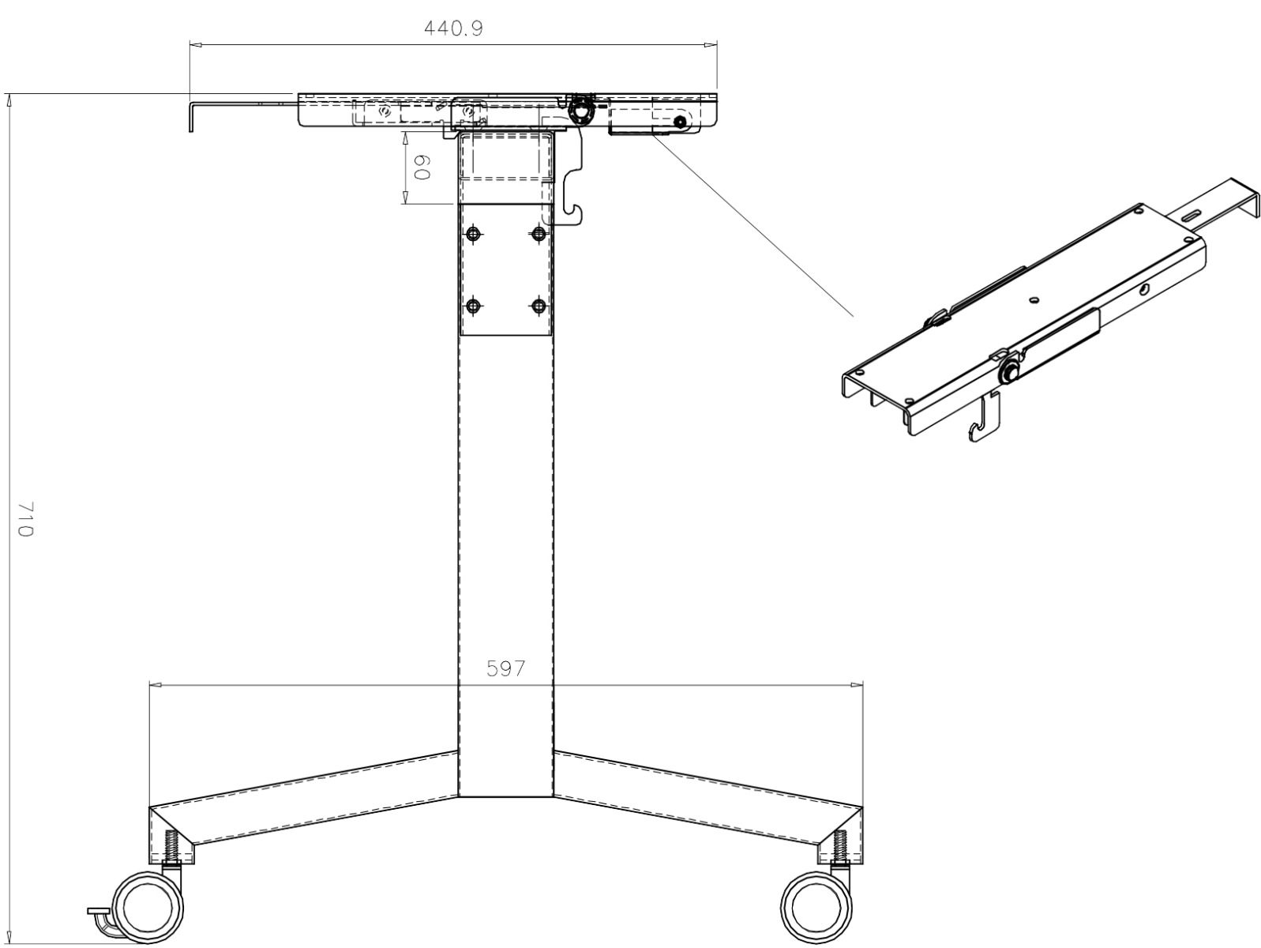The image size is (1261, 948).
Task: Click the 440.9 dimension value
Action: coord(453,28)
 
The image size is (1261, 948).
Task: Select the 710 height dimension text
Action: coord(24,518)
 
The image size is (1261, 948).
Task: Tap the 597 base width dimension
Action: coord(505,669)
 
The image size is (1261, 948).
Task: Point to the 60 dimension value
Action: coord(421,167)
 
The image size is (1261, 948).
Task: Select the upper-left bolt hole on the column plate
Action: coord(474,234)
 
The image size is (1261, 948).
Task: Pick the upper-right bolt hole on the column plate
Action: coord(539,234)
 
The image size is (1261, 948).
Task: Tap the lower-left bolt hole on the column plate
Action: coord(474,306)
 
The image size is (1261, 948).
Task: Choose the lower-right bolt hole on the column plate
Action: coord(539,306)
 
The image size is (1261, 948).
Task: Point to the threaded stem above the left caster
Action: coord(171,847)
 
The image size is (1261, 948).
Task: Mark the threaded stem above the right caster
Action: coord(839,847)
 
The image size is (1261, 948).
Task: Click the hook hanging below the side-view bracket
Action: coord(575,212)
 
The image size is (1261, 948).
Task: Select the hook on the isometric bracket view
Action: coord(980,427)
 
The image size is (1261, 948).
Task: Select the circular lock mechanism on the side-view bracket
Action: coord(583,112)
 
